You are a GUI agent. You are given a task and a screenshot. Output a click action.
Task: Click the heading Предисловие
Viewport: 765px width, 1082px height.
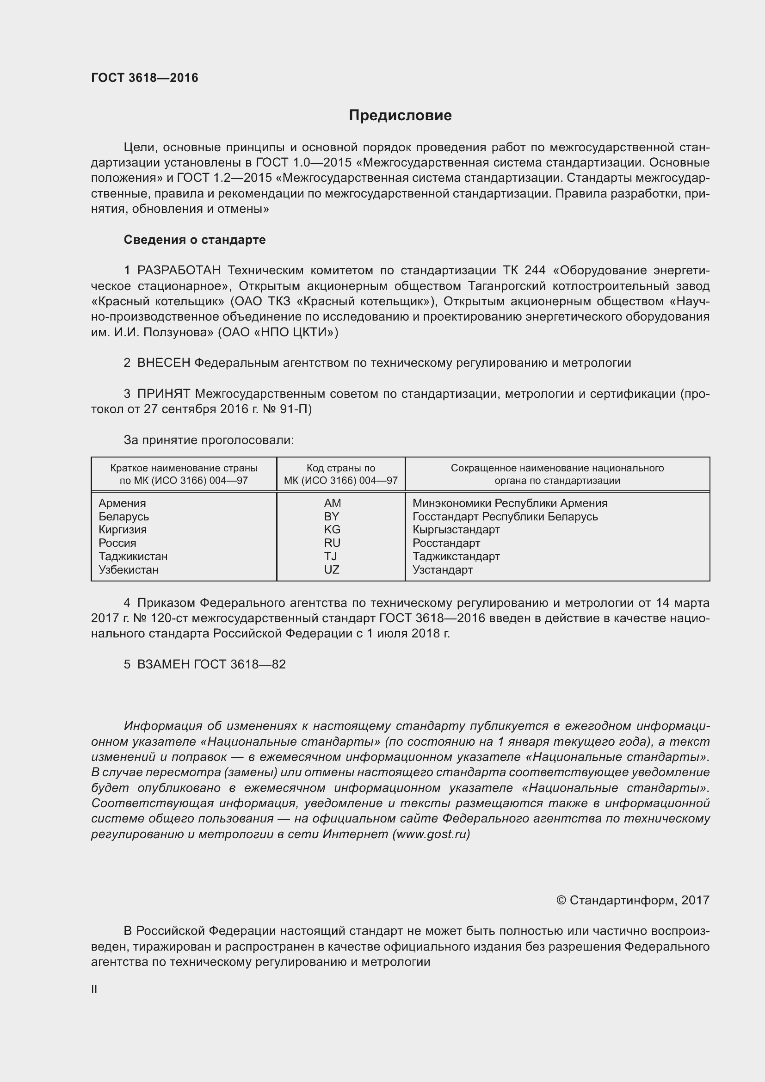point(400,116)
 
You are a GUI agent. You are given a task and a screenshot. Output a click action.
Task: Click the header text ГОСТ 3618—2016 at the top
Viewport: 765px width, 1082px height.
point(145,78)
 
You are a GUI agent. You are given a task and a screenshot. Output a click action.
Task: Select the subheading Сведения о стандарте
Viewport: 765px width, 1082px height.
point(195,240)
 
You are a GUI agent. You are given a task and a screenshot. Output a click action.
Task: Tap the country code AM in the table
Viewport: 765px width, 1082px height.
point(332,503)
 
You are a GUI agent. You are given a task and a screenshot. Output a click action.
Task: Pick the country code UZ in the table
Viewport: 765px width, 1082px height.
point(332,570)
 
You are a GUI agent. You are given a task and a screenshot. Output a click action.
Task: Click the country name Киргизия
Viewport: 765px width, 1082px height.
point(123,530)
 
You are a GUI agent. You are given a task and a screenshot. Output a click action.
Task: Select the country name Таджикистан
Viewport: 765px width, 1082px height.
point(133,556)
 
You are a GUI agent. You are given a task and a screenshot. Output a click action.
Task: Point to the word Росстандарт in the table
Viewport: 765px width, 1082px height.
point(446,544)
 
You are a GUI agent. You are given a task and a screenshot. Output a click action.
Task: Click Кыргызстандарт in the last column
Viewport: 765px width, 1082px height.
point(456,530)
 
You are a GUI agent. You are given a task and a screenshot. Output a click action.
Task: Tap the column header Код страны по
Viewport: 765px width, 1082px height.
point(340,468)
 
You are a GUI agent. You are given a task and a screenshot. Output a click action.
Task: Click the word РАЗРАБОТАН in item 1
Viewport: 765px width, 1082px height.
point(179,271)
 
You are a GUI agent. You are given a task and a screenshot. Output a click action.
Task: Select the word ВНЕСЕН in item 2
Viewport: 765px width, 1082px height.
point(163,363)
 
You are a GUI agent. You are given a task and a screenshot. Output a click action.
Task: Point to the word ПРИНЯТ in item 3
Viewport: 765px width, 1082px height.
point(163,394)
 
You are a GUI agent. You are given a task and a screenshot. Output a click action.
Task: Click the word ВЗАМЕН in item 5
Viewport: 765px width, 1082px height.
point(163,664)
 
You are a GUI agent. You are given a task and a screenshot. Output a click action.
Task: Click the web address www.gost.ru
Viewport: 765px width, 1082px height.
point(431,834)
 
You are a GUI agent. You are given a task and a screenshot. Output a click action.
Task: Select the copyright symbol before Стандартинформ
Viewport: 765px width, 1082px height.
point(561,901)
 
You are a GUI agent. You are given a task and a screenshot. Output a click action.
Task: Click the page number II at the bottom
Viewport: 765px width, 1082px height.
point(94,989)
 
